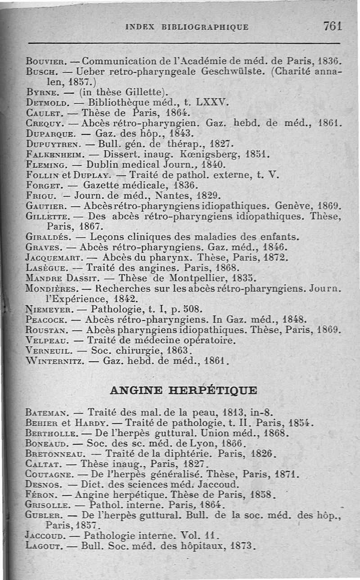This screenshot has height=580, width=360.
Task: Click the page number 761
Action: coord(333,26)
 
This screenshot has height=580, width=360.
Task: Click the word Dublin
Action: coord(105,165)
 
